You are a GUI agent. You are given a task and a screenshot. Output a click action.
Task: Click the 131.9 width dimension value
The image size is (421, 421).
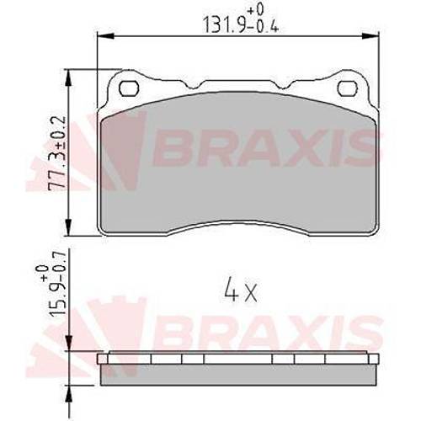coord(224,24)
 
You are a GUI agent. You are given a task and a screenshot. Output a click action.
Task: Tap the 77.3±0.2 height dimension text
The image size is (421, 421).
coord(57,154)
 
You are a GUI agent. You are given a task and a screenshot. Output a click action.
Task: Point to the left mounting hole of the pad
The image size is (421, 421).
coord(129,88)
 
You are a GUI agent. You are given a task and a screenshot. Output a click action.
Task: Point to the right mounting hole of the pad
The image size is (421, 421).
coord(348,88)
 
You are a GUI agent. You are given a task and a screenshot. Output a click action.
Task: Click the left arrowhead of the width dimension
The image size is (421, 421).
coord(105,36)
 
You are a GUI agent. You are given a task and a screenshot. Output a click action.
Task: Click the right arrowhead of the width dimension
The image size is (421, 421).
coord(370,36)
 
